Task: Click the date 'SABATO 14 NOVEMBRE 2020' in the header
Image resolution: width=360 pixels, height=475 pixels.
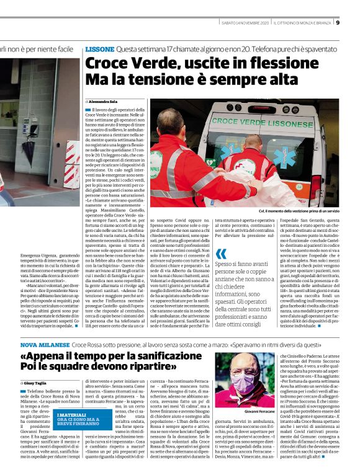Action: [x=245, y=24]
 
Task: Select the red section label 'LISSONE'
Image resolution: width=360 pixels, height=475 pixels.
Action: [x=99, y=48]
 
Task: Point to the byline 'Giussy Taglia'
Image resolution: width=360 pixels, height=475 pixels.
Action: [x=37, y=383]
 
